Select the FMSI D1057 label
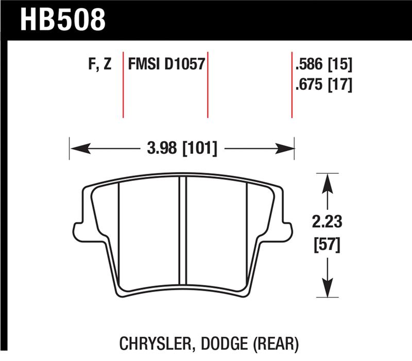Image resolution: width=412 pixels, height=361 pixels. tap(166, 65)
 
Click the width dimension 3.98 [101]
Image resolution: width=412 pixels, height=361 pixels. tap(182, 150)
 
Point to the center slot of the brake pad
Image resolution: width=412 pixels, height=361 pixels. tap(182, 231)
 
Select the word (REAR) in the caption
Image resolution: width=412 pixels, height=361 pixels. tap(279, 341)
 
